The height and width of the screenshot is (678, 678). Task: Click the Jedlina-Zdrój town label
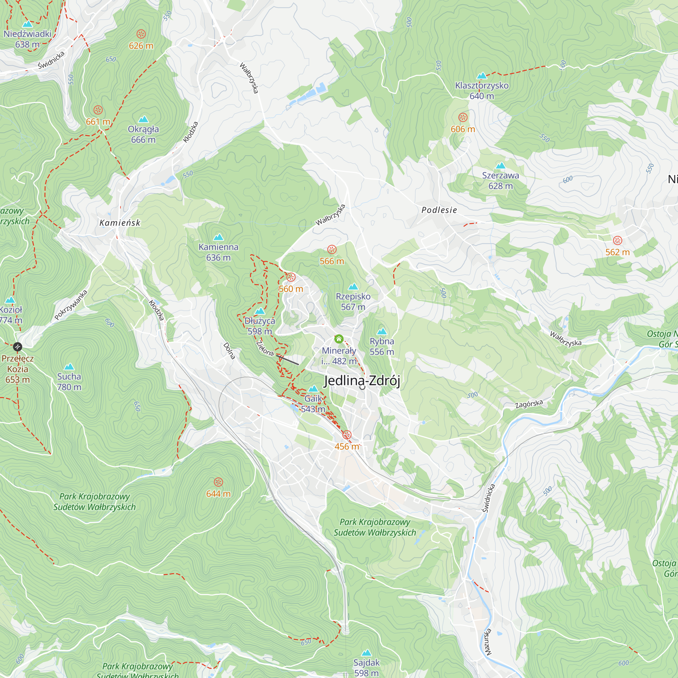pyautogui.click(x=362, y=381)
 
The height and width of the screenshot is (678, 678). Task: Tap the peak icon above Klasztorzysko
pyautogui.click(x=482, y=76)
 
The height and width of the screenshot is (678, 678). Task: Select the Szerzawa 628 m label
pyautogui.click(x=500, y=180)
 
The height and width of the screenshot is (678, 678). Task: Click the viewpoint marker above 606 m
pyautogui.click(x=463, y=117)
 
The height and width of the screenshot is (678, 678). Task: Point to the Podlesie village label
pyautogui.click(x=439, y=210)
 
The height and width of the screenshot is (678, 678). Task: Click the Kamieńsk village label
pyautogui.click(x=120, y=223)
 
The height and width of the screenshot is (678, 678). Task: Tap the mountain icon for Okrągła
pyautogui.click(x=143, y=119)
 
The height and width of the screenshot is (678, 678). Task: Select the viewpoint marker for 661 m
pyautogui.click(x=98, y=110)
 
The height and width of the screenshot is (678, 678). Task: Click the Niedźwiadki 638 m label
pyautogui.click(x=27, y=39)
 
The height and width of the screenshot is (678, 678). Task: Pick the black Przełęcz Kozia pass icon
pyautogui.click(x=18, y=347)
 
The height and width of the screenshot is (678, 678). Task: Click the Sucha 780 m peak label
pyautogui.click(x=69, y=382)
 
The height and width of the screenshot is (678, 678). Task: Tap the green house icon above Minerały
pyautogui.click(x=339, y=339)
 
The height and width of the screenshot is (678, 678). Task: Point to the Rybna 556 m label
pyautogui.click(x=382, y=346)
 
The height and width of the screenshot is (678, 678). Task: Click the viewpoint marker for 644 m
pyautogui.click(x=218, y=482)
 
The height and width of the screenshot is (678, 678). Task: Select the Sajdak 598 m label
pyautogui.click(x=366, y=667)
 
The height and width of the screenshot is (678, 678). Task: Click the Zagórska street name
pyautogui.click(x=529, y=404)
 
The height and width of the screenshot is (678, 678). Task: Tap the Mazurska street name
pyautogui.click(x=488, y=642)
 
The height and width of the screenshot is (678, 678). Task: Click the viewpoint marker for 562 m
pyautogui.click(x=618, y=240)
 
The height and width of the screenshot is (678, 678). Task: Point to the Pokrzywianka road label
pyautogui.click(x=71, y=305)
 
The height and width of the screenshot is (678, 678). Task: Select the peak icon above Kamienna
pyautogui.click(x=218, y=237)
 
